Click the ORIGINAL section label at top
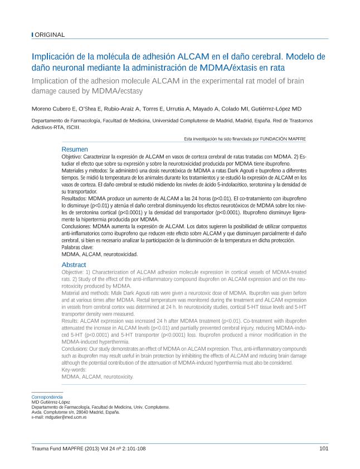pos(50,35)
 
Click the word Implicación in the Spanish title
pos(54,56)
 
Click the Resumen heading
pos(75,149)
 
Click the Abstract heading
pos(74,264)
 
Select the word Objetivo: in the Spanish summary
pos(74,158)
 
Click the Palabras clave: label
pos(77,247)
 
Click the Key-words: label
pos(74,370)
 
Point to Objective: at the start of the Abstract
pos(75,272)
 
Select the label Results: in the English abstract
pos(72,321)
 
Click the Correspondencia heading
pos(47,397)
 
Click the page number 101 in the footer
pos(323,448)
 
